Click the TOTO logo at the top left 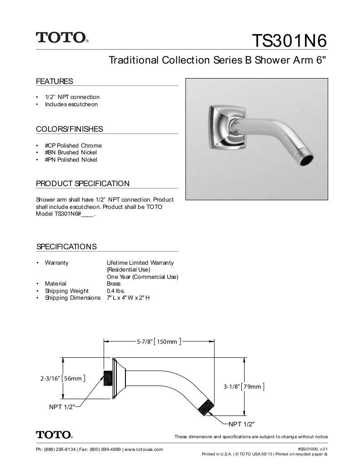62,37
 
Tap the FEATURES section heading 55,82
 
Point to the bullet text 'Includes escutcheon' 71,104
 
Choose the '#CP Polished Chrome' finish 73,145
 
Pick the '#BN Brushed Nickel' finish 70,153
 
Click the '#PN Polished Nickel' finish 71,160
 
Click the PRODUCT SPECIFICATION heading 83,184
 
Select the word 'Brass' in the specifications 114,284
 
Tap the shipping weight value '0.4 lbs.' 115,291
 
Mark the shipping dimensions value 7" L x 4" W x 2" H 128,298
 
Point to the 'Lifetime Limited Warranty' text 140,263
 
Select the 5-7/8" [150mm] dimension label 159,341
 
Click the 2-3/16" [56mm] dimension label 62,378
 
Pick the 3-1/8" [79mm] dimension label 243,387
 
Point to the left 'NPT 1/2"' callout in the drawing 62,407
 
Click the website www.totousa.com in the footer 143,450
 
